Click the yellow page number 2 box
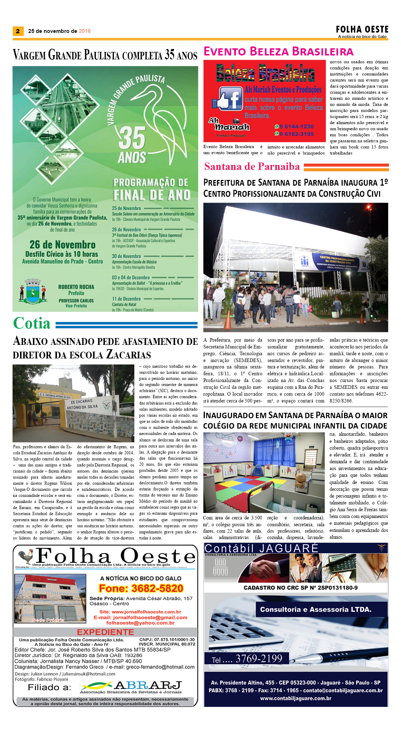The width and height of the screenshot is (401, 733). (18, 31)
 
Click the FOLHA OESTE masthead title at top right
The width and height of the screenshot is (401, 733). (362, 29)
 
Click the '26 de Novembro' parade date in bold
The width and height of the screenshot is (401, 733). (62, 245)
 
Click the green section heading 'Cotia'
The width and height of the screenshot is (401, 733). (32, 323)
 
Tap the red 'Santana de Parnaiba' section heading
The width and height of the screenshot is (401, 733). (252, 166)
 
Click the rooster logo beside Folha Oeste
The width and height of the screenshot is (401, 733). (26, 556)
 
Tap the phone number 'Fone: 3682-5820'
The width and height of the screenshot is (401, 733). (141, 588)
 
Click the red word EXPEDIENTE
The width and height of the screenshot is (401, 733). (105, 632)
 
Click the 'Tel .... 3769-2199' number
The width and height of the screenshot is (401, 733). (247, 659)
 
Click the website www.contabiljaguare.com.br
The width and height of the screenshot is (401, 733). (295, 698)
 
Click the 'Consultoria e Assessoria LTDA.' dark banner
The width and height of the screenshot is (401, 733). (315, 609)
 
